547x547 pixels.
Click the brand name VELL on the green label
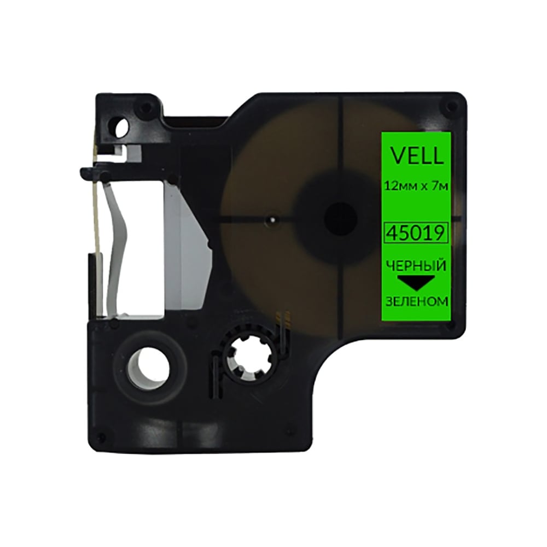pyautogui.click(x=416, y=156)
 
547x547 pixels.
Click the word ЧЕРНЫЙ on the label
pyautogui.click(x=416, y=266)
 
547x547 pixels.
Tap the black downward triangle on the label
pyautogui.click(x=416, y=282)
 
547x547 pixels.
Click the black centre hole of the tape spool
pyautogui.click(x=340, y=219)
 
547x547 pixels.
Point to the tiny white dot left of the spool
pyautogui.click(x=272, y=220)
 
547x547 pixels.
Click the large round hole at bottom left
pyautogui.click(x=146, y=368)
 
